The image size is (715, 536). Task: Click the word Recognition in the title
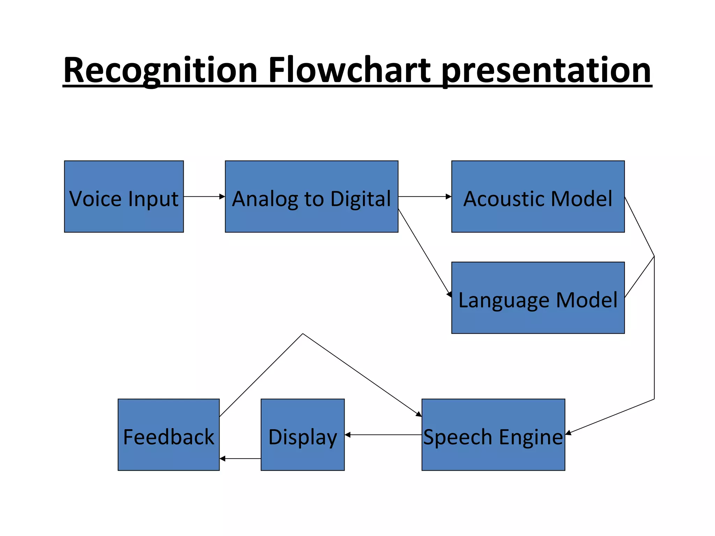[160, 71]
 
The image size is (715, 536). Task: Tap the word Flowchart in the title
[349, 71]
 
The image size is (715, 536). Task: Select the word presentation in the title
[546, 71]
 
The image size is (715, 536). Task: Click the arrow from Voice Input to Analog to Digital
[204, 196]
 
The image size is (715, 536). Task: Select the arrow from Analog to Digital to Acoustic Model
[425, 196]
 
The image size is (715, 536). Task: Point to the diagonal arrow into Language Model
[425, 253]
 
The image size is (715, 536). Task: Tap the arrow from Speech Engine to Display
[383, 435]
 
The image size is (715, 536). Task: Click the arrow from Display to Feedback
[240, 459]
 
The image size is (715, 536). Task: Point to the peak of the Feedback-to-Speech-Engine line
[303, 334]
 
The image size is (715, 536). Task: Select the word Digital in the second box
[360, 199]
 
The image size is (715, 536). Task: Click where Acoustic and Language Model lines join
[654, 256]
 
